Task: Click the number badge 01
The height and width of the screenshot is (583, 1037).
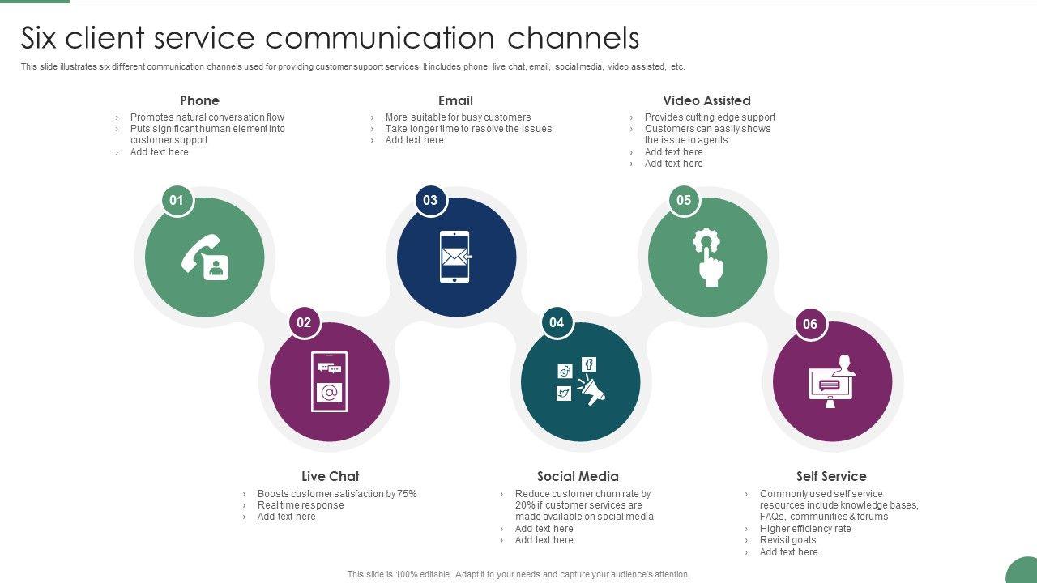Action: pyautogui.click(x=177, y=200)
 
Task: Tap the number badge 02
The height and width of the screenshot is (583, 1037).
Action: pyautogui.click(x=304, y=322)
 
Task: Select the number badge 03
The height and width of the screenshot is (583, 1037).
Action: pyautogui.click(x=429, y=200)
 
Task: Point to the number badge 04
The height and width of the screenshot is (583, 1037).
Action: pyautogui.click(x=557, y=322)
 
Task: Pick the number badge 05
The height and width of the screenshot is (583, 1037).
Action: pyautogui.click(x=684, y=200)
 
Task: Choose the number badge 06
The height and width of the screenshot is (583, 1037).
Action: pyautogui.click(x=810, y=324)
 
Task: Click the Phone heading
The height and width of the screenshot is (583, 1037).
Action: pyautogui.click(x=199, y=100)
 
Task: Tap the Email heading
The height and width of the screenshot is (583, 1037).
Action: pyautogui.click(x=455, y=100)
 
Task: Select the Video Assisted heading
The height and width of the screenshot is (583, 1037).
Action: pyautogui.click(x=706, y=100)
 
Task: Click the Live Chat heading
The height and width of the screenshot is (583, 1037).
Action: pyautogui.click(x=330, y=476)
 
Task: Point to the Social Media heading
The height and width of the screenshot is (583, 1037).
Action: pyautogui.click(x=578, y=476)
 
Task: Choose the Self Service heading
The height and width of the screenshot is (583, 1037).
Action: pyautogui.click(x=831, y=476)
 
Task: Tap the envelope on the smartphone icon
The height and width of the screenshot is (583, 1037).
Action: pyautogui.click(x=454, y=257)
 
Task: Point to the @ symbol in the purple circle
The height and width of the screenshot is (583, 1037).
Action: pyautogui.click(x=329, y=393)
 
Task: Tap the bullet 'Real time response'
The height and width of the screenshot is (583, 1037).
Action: pyautogui.click(x=301, y=505)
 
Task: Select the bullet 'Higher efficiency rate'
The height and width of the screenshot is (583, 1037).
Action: pyautogui.click(x=805, y=529)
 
